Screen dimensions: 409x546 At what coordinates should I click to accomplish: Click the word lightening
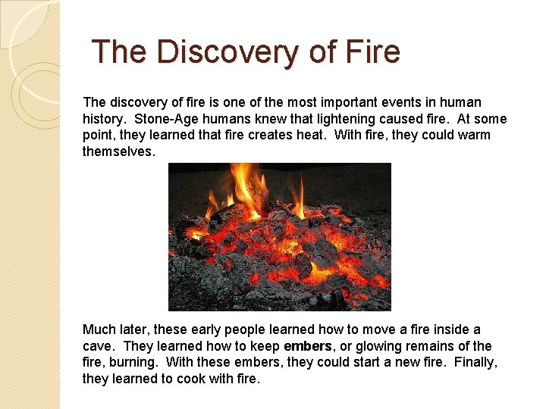[x=341, y=119]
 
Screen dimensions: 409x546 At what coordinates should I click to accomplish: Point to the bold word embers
[x=307, y=346]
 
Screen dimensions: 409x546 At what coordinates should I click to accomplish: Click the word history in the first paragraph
[x=104, y=119]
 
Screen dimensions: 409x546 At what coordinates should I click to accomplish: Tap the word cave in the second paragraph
[x=97, y=346]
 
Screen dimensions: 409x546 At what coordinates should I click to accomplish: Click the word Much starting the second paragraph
[x=99, y=329]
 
